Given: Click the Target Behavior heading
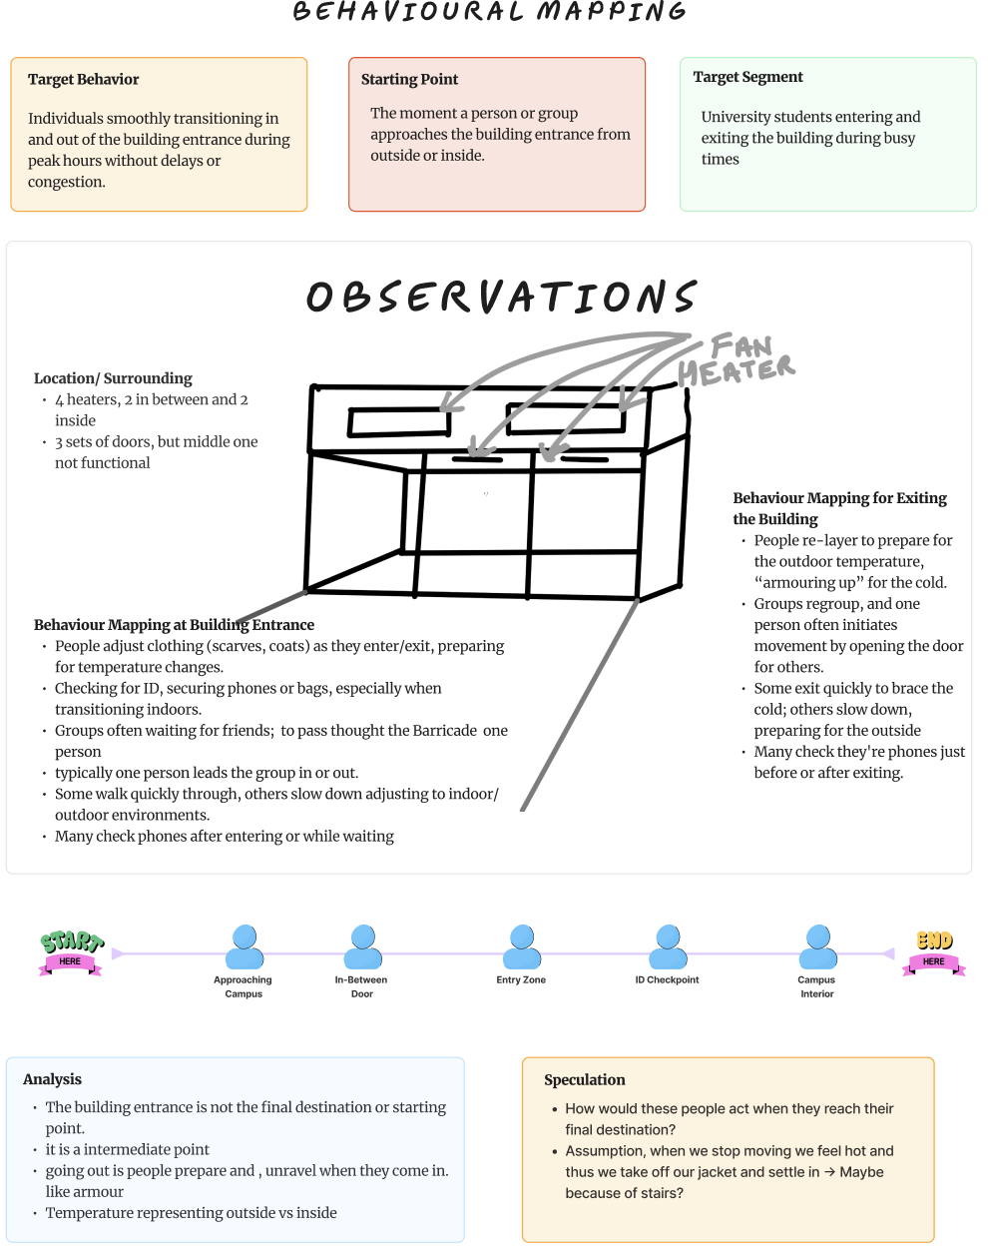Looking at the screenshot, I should (83, 80).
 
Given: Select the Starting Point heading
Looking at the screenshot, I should (409, 80).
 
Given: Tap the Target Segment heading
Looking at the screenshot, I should (747, 77).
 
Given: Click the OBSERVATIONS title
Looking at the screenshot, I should (501, 297).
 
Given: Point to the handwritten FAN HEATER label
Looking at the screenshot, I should (739, 359).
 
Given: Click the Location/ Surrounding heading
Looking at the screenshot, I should (113, 378).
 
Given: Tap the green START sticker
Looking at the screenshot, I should (71, 951).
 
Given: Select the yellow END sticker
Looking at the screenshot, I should (934, 950).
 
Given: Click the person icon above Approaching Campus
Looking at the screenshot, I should (245, 946).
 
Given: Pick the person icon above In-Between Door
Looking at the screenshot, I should (363, 946).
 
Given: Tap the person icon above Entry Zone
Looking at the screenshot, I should (521, 946).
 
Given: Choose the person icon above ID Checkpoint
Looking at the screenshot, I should (668, 946).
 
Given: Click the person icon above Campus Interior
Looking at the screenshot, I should (817, 946).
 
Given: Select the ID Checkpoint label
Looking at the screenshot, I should (667, 980).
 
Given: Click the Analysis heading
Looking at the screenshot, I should (52, 1079).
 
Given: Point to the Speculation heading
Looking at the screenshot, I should (584, 1080).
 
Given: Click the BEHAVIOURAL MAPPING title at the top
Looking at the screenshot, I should (490, 12).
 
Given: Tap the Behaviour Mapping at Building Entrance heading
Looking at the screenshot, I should (174, 625).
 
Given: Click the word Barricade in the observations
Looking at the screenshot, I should (444, 731).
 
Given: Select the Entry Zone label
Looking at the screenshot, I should (521, 980).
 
